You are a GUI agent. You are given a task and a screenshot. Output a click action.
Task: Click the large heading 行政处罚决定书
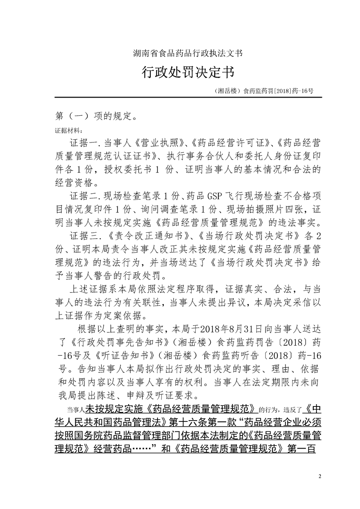click(180, 72)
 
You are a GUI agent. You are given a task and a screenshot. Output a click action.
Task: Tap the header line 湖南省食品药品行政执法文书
click(180, 53)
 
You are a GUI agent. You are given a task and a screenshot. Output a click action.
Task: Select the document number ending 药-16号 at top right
click(263, 91)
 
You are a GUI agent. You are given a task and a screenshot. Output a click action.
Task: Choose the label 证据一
click(84, 143)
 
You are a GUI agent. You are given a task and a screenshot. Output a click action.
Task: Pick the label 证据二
click(84, 196)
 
